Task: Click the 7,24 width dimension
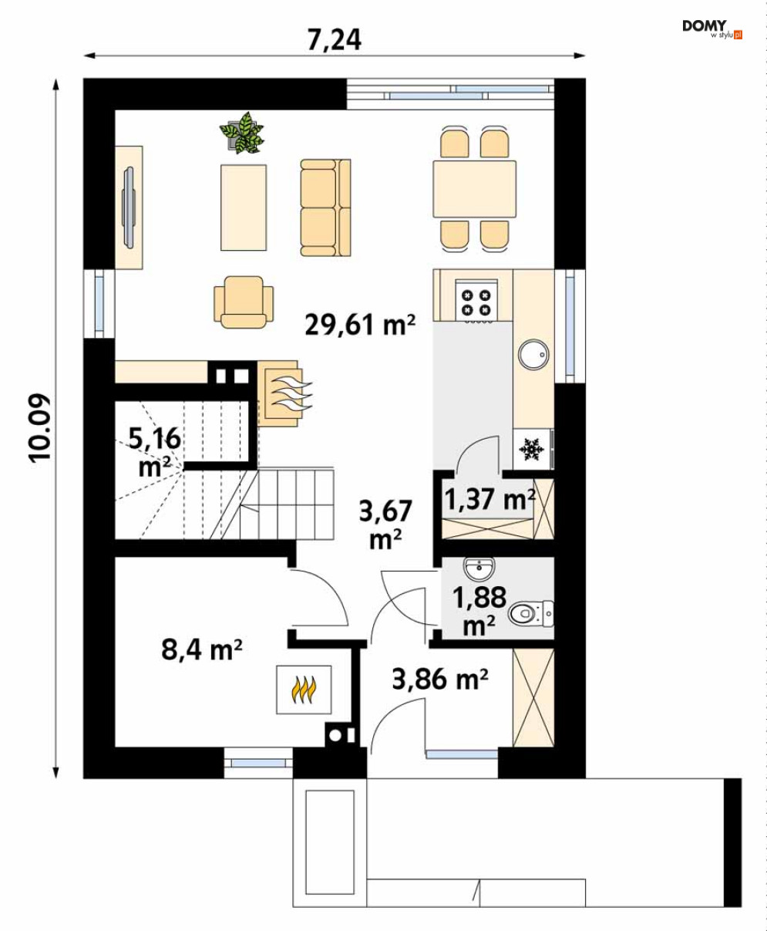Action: pos(335,40)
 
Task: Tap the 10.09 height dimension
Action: pos(40,428)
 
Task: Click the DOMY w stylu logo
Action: pos(711,29)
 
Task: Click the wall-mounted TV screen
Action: pos(129,207)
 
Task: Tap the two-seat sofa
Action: pos(325,207)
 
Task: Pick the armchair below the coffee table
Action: pos(244,302)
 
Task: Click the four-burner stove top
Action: pos(476,299)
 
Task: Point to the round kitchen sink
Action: pos(533,354)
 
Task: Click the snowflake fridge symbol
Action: pos(532,449)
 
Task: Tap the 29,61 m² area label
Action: pos(360,325)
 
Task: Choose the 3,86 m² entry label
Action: pos(440,680)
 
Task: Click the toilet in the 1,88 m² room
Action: pos(531,613)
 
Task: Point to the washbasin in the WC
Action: pos(479,568)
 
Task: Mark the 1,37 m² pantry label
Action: pos(489,499)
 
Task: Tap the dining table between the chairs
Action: pos(475,189)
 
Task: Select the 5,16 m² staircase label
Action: pos(155,452)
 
